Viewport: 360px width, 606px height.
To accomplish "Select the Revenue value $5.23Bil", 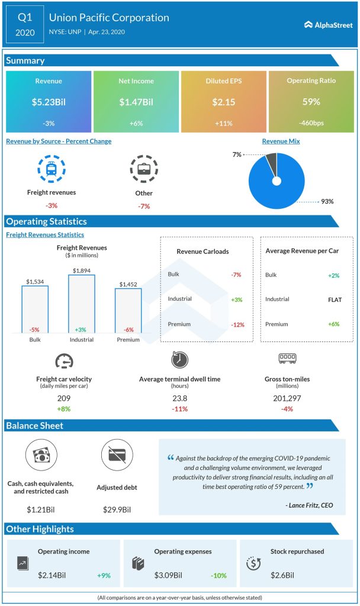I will coord(49,102).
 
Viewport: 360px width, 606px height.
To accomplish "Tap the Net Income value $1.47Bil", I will coord(136,102).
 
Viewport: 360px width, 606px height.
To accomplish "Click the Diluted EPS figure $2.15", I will coord(223,102).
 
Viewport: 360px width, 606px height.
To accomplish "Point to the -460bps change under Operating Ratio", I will coord(311,123).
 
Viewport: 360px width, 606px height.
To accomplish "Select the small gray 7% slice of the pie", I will coord(271,160).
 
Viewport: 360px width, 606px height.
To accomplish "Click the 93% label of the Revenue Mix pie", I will coord(327,202).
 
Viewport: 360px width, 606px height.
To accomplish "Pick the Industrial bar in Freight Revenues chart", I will coord(82,304).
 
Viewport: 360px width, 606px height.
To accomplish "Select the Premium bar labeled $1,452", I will coord(128,311).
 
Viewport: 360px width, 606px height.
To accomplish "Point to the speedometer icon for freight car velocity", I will coord(64,360).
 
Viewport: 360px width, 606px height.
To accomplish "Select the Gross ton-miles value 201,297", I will coord(287,398).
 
